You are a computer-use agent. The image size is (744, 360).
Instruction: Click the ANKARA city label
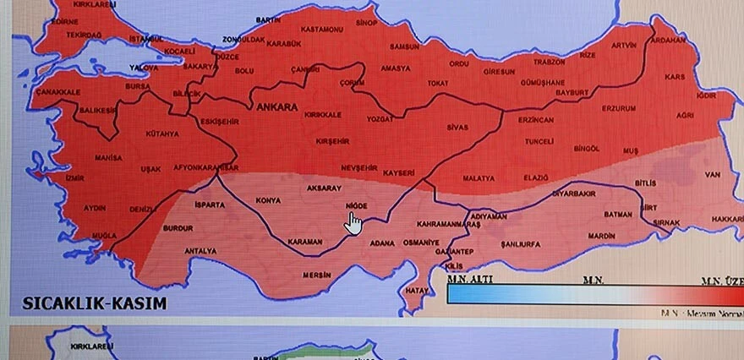click(x=271, y=107)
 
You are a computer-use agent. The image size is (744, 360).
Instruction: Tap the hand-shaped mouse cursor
click(x=353, y=222)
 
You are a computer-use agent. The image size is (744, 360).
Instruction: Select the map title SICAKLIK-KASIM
click(x=94, y=303)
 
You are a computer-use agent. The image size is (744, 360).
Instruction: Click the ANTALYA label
click(x=200, y=251)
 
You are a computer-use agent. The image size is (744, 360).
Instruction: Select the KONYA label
click(x=268, y=200)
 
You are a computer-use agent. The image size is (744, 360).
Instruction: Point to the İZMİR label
click(x=74, y=178)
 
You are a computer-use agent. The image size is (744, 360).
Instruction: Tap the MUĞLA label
click(x=105, y=235)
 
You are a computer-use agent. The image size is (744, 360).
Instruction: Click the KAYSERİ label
click(x=399, y=173)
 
